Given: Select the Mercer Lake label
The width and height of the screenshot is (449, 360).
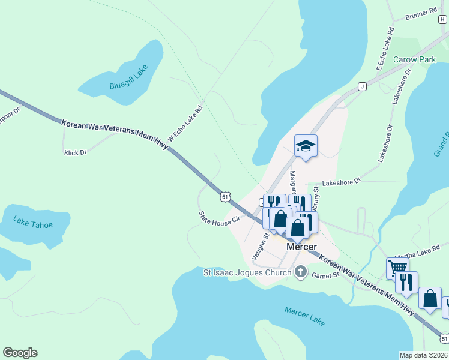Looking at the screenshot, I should [x=305, y=316].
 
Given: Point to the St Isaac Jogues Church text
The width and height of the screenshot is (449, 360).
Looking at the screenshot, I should [x=247, y=272].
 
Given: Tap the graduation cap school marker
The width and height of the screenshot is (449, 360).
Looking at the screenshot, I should [x=306, y=146].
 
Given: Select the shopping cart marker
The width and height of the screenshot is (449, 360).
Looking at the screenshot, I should [x=397, y=267].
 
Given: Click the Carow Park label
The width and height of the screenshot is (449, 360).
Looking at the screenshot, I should [x=414, y=60].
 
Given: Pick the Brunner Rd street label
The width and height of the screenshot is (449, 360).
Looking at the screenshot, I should [x=421, y=13].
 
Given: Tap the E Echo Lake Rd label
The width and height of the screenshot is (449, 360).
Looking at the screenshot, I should [x=384, y=49].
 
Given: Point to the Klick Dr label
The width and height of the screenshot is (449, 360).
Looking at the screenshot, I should [x=76, y=152].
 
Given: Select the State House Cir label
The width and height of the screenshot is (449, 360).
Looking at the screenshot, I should [x=220, y=215].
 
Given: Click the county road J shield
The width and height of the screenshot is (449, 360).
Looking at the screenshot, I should [x=362, y=86].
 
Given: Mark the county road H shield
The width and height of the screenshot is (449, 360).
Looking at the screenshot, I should [x=442, y=19].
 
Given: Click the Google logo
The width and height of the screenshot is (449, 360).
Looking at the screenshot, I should [x=20, y=353].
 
